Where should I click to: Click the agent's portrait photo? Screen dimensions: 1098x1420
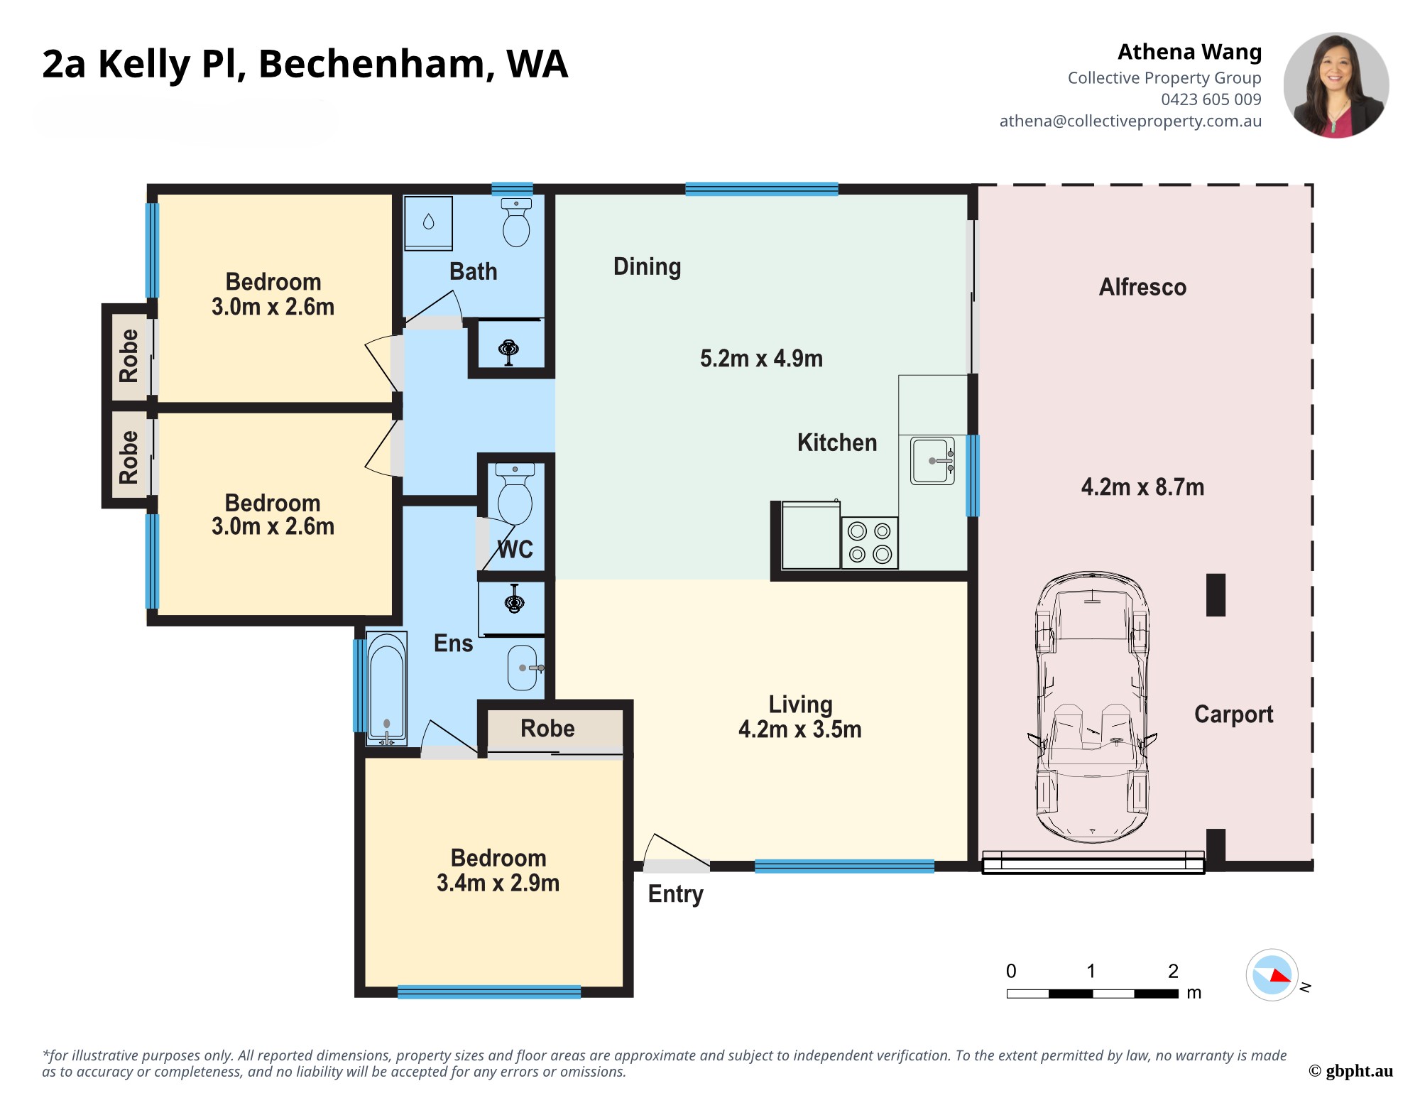pyautogui.click(x=1336, y=85)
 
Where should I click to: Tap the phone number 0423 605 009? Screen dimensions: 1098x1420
pyautogui.click(x=1211, y=99)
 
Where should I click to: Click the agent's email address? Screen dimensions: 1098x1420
pyautogui.click(x=1130, y=121)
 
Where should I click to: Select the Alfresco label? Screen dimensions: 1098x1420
pyautogui.click(x=1142, y=287)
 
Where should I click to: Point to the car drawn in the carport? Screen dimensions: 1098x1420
pyautogui.click(x=1092, y=707)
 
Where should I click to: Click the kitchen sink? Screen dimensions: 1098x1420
pyautogui.click(x=932, y=461)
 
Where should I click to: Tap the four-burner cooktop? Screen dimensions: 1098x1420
pyautogui.click(x=870, y=543)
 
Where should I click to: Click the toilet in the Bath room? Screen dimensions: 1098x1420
pyautogui.click(x=516, y=224)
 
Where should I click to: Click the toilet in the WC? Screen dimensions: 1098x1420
pyautogui.click(x=515, y=494)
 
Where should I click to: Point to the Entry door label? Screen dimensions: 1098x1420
pyautogui.click(x=675, y=894)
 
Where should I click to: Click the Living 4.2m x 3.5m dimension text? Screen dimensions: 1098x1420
pyautogui.click(x=799, y=729)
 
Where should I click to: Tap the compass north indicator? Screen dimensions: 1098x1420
pyautogui.click(x=1272, y=975)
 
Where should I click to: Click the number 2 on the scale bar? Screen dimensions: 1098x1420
pyautogui.click(x=1173, y=971)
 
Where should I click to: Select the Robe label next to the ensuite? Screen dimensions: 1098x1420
pyautogui.click(x=547, y=729)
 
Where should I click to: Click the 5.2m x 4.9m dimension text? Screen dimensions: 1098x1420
pyautogui.click(x=761, y=359)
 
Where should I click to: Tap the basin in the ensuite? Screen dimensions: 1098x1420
pyautogui.click(x=523, y=668)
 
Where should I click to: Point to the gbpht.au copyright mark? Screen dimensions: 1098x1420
pyautogui.click(x=1350, y=1071)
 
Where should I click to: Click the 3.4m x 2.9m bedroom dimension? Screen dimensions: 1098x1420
pyautogui.click(x=498, y=883)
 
